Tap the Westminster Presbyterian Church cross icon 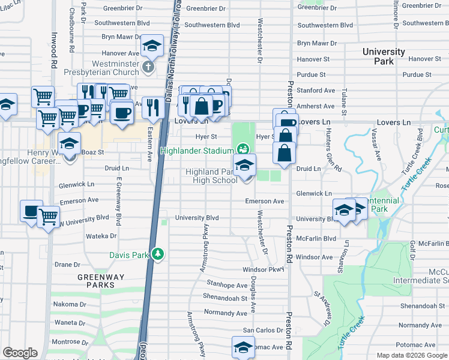pyautogui.click(x=149, y=70)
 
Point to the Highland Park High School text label pyautogui.click(x=211, y=176)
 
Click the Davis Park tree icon pyautogui.click(x=157, y=254)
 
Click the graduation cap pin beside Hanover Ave pyautogui.click(x=152, y=46)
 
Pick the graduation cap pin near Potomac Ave pyautogui.click(x=243, y=347)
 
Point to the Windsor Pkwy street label pyautogui.click(x=262, y=270)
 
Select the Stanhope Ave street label pyautogui.click(x=226, y=285)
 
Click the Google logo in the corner pyautogui.click(x=19, y=353)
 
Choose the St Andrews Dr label pyautogui.click(x=322, y=308)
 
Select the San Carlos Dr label pyautogui.click(x=262, y=330)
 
